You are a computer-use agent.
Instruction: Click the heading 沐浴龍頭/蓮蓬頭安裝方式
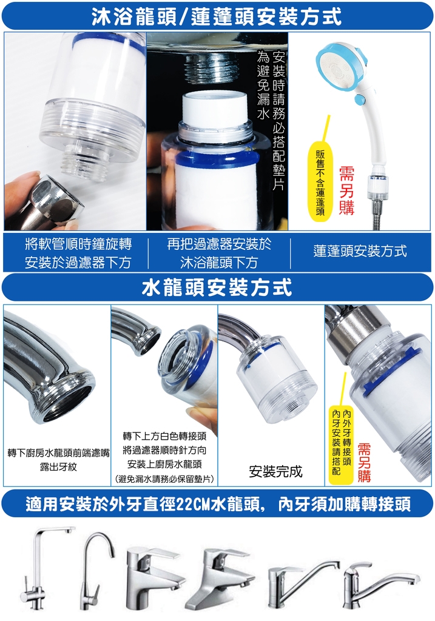[x=217, y=16]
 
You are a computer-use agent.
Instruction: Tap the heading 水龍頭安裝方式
[x=217, y=287]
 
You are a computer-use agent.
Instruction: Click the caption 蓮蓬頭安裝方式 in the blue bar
[x=360, y=251]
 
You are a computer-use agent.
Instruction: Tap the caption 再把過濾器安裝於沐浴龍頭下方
[x=219, y=253]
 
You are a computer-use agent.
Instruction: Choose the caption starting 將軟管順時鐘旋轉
[x=78, y=253]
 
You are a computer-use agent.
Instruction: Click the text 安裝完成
[x=275, y=471]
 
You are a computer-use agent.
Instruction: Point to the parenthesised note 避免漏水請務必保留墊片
[x=164, y=479]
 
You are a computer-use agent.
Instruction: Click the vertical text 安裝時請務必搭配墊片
[x=279, y=121]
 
